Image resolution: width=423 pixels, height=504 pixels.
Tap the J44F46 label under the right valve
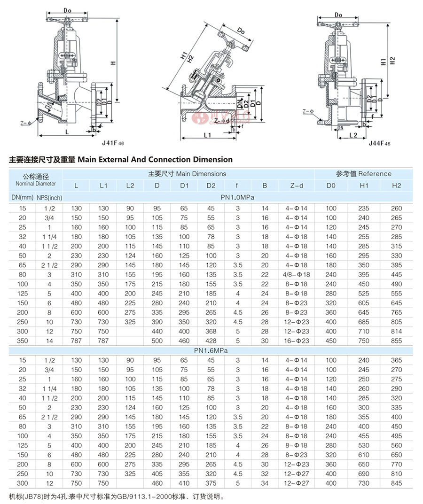[379, 142]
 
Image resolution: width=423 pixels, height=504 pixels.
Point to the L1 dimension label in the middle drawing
[208, 135]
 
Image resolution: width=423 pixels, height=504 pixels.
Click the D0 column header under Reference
[331, 186]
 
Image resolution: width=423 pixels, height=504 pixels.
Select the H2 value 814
[397, 331]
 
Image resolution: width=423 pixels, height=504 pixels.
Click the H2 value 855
[397, 341]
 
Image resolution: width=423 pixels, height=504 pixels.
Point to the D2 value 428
[211, 341]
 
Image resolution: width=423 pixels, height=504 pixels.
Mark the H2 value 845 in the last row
[397, 483]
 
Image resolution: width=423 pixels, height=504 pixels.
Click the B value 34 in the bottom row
[265, 483]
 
